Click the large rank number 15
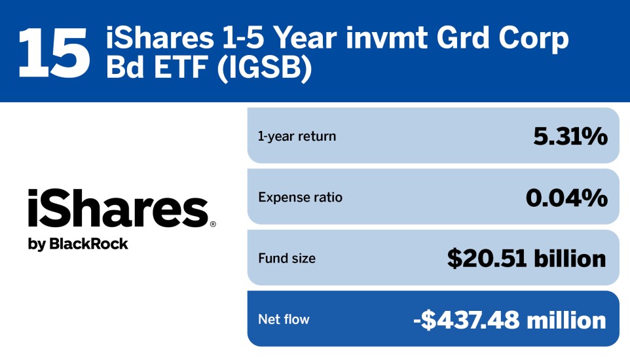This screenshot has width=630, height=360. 54,51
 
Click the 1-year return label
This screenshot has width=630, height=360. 297,136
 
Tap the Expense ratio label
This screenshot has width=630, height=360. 300,197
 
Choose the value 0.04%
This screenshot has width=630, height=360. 566,197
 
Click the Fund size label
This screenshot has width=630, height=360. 287,259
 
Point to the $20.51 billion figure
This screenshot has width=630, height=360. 527,259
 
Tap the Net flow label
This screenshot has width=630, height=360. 284,319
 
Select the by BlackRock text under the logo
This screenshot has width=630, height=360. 78,244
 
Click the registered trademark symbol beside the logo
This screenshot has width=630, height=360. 212,224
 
